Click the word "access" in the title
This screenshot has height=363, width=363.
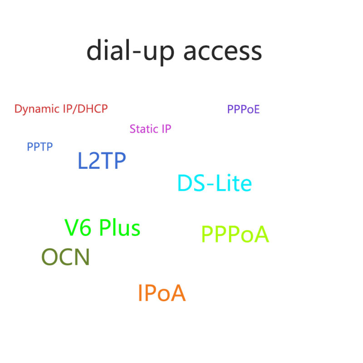click(222, 52)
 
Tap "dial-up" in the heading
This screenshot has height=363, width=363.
click(130, 52)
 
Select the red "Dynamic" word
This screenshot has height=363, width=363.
click(37, 109)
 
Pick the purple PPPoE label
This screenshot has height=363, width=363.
click(243, 109)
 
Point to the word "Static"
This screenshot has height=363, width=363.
click(144, 129)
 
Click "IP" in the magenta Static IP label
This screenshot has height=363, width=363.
click(166, 129)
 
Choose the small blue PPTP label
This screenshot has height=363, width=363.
click(40, 147)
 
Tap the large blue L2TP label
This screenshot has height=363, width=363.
click(102, 161)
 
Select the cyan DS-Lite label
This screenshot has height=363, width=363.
click(215, 183)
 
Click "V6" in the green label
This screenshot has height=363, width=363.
click(78, 228)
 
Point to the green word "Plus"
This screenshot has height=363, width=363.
click(120, 227)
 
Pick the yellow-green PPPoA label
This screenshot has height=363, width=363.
click(235, 234)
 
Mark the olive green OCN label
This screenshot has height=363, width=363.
click(65, 257)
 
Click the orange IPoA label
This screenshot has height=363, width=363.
click(162, 293)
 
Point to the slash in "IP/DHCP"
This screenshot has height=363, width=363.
click(74, 109)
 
